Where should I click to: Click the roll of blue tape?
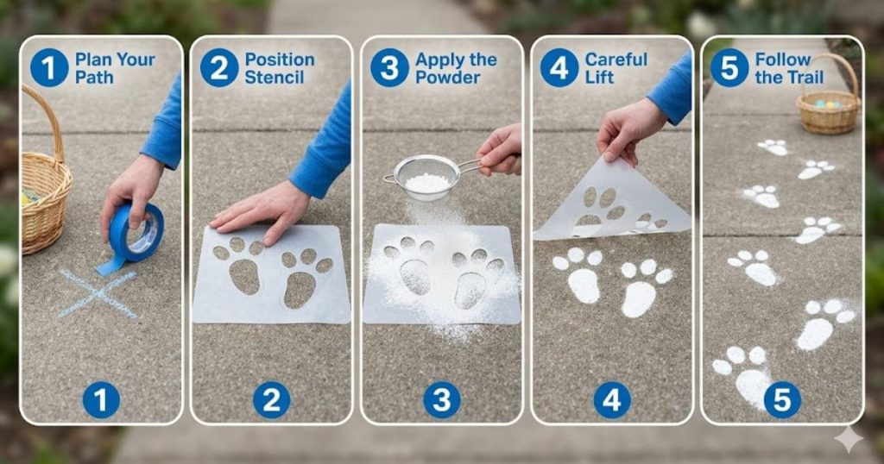137,230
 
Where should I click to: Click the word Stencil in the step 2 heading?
274,78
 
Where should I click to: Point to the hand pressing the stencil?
259,210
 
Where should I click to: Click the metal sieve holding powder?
427,177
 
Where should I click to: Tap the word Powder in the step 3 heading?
448,78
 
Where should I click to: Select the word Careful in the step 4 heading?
616,60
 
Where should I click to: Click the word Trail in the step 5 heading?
783,78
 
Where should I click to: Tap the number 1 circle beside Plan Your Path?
49,67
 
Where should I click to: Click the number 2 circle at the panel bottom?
271,400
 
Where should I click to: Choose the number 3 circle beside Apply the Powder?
389,67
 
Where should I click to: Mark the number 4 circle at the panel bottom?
612,400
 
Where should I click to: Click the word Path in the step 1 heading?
94,78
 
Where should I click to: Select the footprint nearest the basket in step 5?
773,147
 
